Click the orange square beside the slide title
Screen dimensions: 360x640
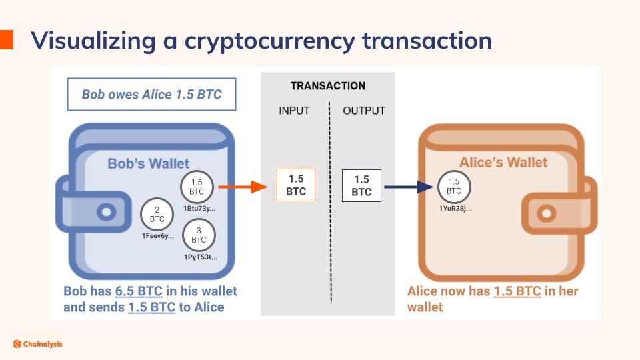(x=7, y=39)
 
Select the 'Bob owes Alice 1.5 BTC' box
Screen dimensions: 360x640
(x=151, y=95)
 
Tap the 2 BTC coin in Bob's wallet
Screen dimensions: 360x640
(x=157, y=214)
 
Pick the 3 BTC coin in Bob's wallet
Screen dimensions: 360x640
(x=199, y=235)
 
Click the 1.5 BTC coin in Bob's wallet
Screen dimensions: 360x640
(x=197, y=187)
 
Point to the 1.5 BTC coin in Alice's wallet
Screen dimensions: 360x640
(x=454, y=186)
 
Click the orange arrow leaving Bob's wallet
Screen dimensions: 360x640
(x=243, y=187)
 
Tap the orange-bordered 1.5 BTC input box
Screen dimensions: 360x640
(x=296, y=185)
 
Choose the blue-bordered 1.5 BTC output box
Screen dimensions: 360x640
(x=361, y=185)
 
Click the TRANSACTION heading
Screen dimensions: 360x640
(x=328, y=86)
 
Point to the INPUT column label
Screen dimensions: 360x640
(x=294, y=111)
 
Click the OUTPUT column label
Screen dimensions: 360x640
(x=364, y=111)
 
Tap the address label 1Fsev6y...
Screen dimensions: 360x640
(x=158, y=236)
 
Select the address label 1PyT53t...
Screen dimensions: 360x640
(x=199, y=257)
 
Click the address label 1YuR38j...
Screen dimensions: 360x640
(x=455, y=209)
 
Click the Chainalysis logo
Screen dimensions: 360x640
(x=37, y=344)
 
